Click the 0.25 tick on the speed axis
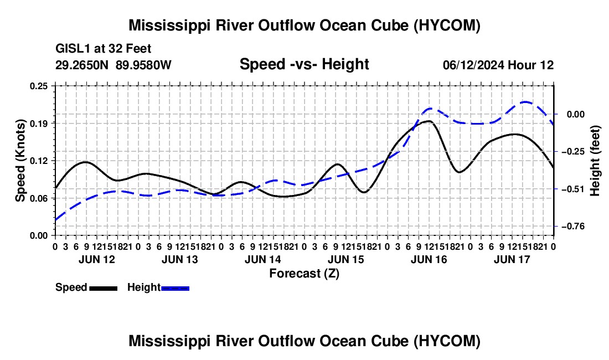pos(39,86)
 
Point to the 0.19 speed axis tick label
pos(39,124)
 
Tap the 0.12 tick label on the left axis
pos(39,161)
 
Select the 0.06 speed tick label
pos(39,198)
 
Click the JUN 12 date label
pos(97,259)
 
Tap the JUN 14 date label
pos(263,259)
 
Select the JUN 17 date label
pos(512,259)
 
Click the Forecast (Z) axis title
pos(304,274)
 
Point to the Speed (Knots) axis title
pos(20,161)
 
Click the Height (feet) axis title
pos(595,161)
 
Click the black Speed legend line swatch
pos(104,289)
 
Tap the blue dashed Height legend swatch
pos(175,289)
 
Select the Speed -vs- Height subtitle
pos(304,64)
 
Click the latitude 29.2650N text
pos(82,65)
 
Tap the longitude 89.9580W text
pos(143,65)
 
